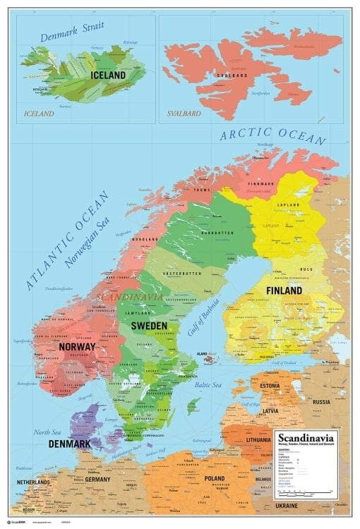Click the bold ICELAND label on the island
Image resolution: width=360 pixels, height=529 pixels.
coord(107,75)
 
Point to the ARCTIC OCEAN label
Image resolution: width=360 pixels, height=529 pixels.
coord(272,131)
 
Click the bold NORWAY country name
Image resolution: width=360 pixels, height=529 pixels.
coord(78,346)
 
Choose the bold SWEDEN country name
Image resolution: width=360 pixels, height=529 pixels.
coord(149,326)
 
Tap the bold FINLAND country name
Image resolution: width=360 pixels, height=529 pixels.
coord(284,290)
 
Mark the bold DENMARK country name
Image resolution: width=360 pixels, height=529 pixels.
coord(69,444)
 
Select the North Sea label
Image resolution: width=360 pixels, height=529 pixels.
coord(48,432)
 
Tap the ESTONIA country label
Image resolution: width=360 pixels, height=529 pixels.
coord(270,386)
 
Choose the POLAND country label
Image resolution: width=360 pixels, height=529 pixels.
coord(213,478)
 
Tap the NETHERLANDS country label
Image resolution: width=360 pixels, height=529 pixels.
coord(33,482)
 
